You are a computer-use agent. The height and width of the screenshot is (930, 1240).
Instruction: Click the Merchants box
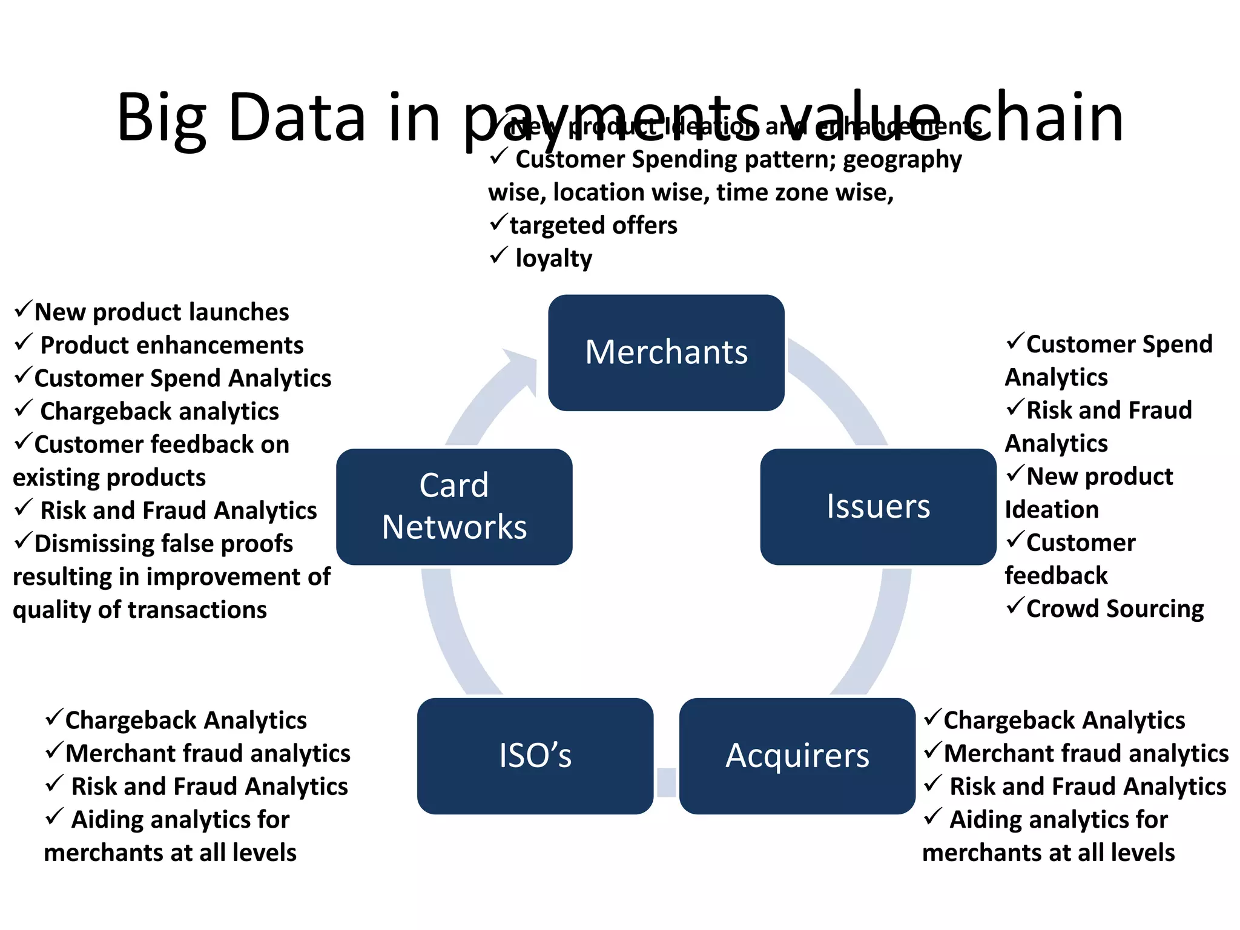click(666, 352)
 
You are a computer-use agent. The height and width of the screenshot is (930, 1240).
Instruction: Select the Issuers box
click(878, 506)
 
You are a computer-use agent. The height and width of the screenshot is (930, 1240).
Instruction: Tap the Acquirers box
click(797, 756)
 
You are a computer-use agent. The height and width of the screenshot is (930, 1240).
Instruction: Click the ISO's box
click(535, 756)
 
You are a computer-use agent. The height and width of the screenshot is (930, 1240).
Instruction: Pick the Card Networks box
click(454, 506)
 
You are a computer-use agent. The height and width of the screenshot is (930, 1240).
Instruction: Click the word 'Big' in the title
click(162, 118)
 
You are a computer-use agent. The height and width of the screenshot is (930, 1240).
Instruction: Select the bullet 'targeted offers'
click(593, 225)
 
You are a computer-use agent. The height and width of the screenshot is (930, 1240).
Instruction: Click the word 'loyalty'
click(553, 259)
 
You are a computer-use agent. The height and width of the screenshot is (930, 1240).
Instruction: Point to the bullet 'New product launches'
click(162, 312)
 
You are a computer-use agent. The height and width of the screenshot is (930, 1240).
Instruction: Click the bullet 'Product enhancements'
click(171, 345)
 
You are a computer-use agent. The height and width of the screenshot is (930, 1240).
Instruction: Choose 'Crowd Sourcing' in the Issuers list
click(1115, 608)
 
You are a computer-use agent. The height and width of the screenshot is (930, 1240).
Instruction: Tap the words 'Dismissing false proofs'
click(163, 544)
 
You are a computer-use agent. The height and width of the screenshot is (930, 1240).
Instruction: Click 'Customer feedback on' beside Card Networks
click(162, 444)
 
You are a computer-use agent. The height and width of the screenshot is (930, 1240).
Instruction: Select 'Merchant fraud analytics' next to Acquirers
click(1086, 754)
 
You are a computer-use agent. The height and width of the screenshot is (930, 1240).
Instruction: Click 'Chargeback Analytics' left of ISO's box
click(186, 721)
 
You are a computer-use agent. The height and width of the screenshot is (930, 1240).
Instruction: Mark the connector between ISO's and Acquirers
click(666, 782)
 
